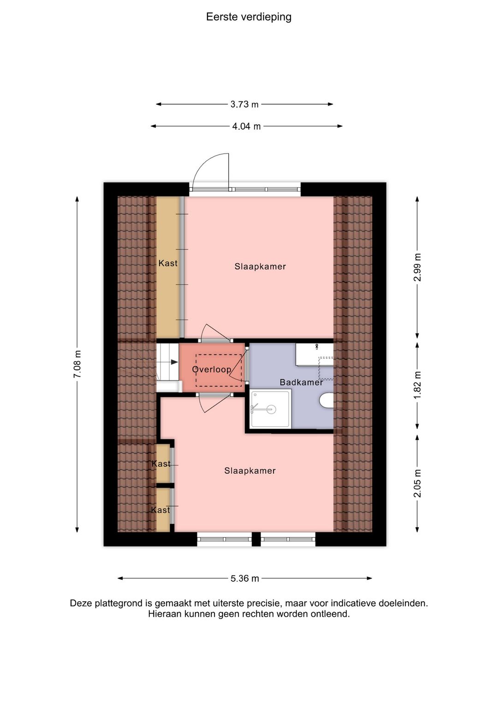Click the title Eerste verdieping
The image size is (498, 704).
(x=249, y=17)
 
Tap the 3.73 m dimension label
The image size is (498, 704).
(x=244, y=104)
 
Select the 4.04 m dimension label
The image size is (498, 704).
(x=246, y=126)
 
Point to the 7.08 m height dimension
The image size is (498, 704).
(x=77, y=364)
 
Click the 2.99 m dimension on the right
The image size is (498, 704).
(x=417, y=267)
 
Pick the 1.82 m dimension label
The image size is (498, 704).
(x=417, y=385)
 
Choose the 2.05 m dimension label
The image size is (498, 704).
(x=417, y=483)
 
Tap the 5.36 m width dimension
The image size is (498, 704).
(x=244, y=579)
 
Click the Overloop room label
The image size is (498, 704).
(x=212, y=370)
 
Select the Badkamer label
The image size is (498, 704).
(x=301, y=382)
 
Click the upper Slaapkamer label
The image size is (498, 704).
(x=260, y=267)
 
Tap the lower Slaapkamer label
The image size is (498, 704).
(x=250, y=471)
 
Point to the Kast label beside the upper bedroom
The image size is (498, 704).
(x=168, y=263)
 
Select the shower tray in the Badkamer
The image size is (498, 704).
(x=270, y=409)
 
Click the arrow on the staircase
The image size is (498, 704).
(x=174, y=362)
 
